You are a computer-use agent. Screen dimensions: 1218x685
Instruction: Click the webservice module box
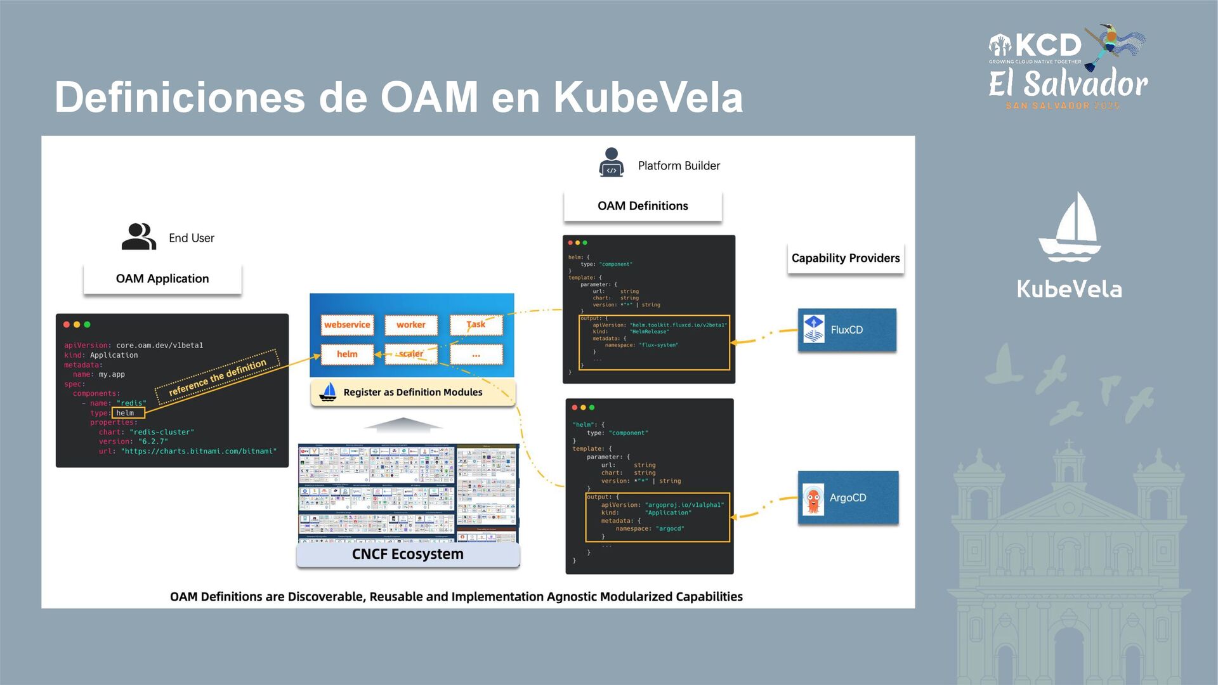tap(347, 325)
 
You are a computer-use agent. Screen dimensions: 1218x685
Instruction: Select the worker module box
tap(411, 325)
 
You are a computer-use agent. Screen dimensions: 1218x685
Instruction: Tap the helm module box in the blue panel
tap(347, 354)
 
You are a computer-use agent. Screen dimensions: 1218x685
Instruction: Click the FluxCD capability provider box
tap(847, 330)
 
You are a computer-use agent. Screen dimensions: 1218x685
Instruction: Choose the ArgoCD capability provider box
tap(848, 498)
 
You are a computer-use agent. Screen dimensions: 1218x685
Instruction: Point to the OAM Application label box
tap(162, 278)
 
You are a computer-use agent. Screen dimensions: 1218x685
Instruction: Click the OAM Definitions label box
tap(643, 206)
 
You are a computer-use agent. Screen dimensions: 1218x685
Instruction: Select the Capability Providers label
tap(846, 258)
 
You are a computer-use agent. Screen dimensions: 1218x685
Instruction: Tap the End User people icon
tap(138, 237)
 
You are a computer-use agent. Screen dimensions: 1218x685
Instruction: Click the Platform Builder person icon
tap(612, 162)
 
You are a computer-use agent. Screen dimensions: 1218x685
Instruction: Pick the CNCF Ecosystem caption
tap(408, 554)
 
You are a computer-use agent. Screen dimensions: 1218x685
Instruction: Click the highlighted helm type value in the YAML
tap(128, 413)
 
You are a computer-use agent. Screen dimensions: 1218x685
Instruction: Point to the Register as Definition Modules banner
tap(412, 393)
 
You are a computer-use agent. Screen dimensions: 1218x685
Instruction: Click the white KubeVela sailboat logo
tap(1070, 228)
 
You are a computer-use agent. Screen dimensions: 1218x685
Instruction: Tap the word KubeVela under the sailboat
tap(1070, 289)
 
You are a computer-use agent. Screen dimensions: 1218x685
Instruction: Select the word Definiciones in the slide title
tap(180, 98)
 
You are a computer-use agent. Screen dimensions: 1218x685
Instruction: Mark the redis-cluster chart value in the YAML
tap(162, 432)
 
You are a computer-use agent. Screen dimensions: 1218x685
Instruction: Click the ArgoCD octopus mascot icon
tap(813, 499)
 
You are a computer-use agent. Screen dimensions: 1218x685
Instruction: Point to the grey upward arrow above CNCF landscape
tap(403, 424)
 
